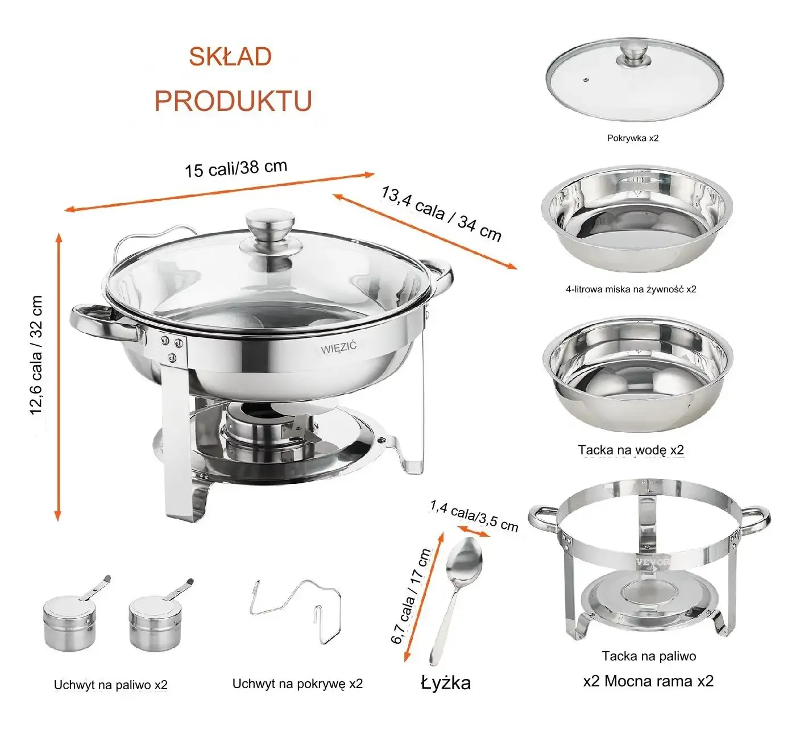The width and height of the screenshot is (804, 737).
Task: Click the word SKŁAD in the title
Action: pyautogui.click(x=230, y=56)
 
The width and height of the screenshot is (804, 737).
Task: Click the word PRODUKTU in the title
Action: pyautogui.click(x=233, y=101)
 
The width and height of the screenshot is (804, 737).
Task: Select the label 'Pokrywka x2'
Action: pyautogui.click(x=632, y=138)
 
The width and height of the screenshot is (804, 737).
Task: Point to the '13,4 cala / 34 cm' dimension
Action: pyautogui.click(x=441, y=214)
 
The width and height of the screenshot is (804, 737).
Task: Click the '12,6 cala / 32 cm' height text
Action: pyautogui.click(x=36, y=355)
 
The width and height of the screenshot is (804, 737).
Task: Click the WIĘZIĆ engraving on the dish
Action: pyautogui.click(x=339, y=347)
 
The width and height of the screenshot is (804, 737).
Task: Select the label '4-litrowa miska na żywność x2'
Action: pyautogui.click(x=631, y=289)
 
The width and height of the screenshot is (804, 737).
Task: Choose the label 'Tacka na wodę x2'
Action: pyautogui.click(x=631, y=450)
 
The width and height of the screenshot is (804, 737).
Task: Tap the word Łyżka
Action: pyautogui.click(x=446, y=683)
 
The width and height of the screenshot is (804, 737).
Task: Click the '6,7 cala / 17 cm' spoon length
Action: pyautogui.click(x=411, y=595)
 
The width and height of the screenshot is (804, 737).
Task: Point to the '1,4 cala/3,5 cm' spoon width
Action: pyautogui.click(x=474, y=516)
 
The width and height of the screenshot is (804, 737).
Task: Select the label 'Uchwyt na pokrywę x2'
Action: pyautogui.click(x=297, y=684)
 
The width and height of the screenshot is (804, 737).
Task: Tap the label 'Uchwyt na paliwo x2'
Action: pyautogui.click(x=111, y=685)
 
